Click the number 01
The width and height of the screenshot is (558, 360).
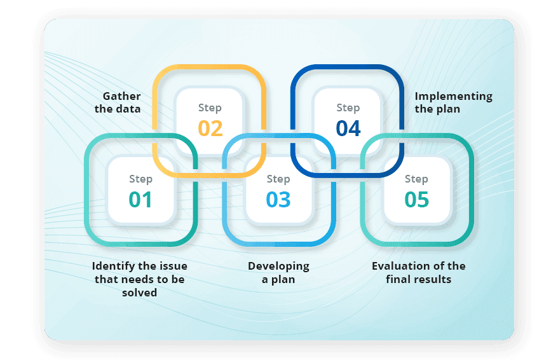click(x=140, y=200)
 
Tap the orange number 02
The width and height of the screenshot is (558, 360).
click(x=210, y=128)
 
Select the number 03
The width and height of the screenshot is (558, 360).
click(x=278, y=200)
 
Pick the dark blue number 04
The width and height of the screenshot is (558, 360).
click(x=348, y=128)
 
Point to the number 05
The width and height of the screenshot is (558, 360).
click(x=417, y=200)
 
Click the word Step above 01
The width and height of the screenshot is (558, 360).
click(x=140, y=179)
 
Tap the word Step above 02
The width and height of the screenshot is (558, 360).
click(x=210, y=108)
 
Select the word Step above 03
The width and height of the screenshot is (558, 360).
click(x=278, y=179)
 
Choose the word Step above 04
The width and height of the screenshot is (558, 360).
click(x=348, y=108)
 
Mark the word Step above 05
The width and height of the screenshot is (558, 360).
click(x=417, y=179)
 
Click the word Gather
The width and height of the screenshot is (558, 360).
click(x=122, y=96)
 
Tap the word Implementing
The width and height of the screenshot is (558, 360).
click(x=454, y=96)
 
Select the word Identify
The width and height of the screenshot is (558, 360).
click(x=113, y=266)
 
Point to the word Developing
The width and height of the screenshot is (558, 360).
click(x=278, y=266)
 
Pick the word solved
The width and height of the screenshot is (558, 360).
click(x=140, y=293)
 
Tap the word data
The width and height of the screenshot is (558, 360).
click(x=128, y=109)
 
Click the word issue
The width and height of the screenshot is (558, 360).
click(x=173, y=266)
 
